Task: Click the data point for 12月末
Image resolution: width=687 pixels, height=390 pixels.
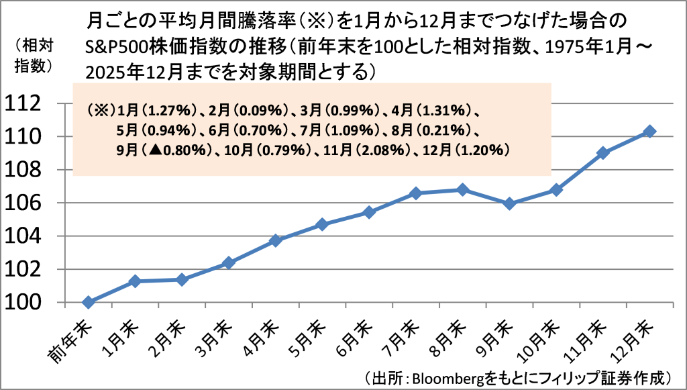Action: [x=649, y=132]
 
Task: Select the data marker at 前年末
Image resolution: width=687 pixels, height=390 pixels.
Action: [x=88, y=302]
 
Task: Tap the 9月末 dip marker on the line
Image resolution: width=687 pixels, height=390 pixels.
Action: [x=509, y=203]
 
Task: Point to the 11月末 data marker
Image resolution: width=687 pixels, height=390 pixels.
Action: [x=602, y=153]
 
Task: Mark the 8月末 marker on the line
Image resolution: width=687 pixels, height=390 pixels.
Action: [x=462, y=190]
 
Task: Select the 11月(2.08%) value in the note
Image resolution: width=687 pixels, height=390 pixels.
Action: [x=371, y=151]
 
